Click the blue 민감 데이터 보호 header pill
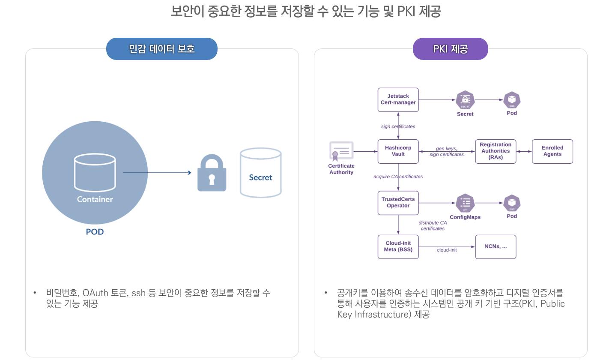[162, 49]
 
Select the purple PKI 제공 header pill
[450, 49]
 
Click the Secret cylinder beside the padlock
[260, 173]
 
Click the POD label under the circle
[95, 232]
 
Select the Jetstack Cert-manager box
[398, 99]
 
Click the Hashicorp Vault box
[398, 151]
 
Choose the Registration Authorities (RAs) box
[496, 151]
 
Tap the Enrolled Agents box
[552, 151]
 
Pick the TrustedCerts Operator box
[398, 203]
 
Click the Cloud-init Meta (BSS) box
[398, 246]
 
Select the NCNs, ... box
[496, 246]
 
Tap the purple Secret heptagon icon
[465, 100]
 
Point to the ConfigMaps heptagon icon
[465, 203]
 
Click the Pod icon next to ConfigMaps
[512, 203]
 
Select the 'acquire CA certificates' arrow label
[398, 177]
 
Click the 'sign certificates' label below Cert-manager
[398, 126]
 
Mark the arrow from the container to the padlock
[157, 173]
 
